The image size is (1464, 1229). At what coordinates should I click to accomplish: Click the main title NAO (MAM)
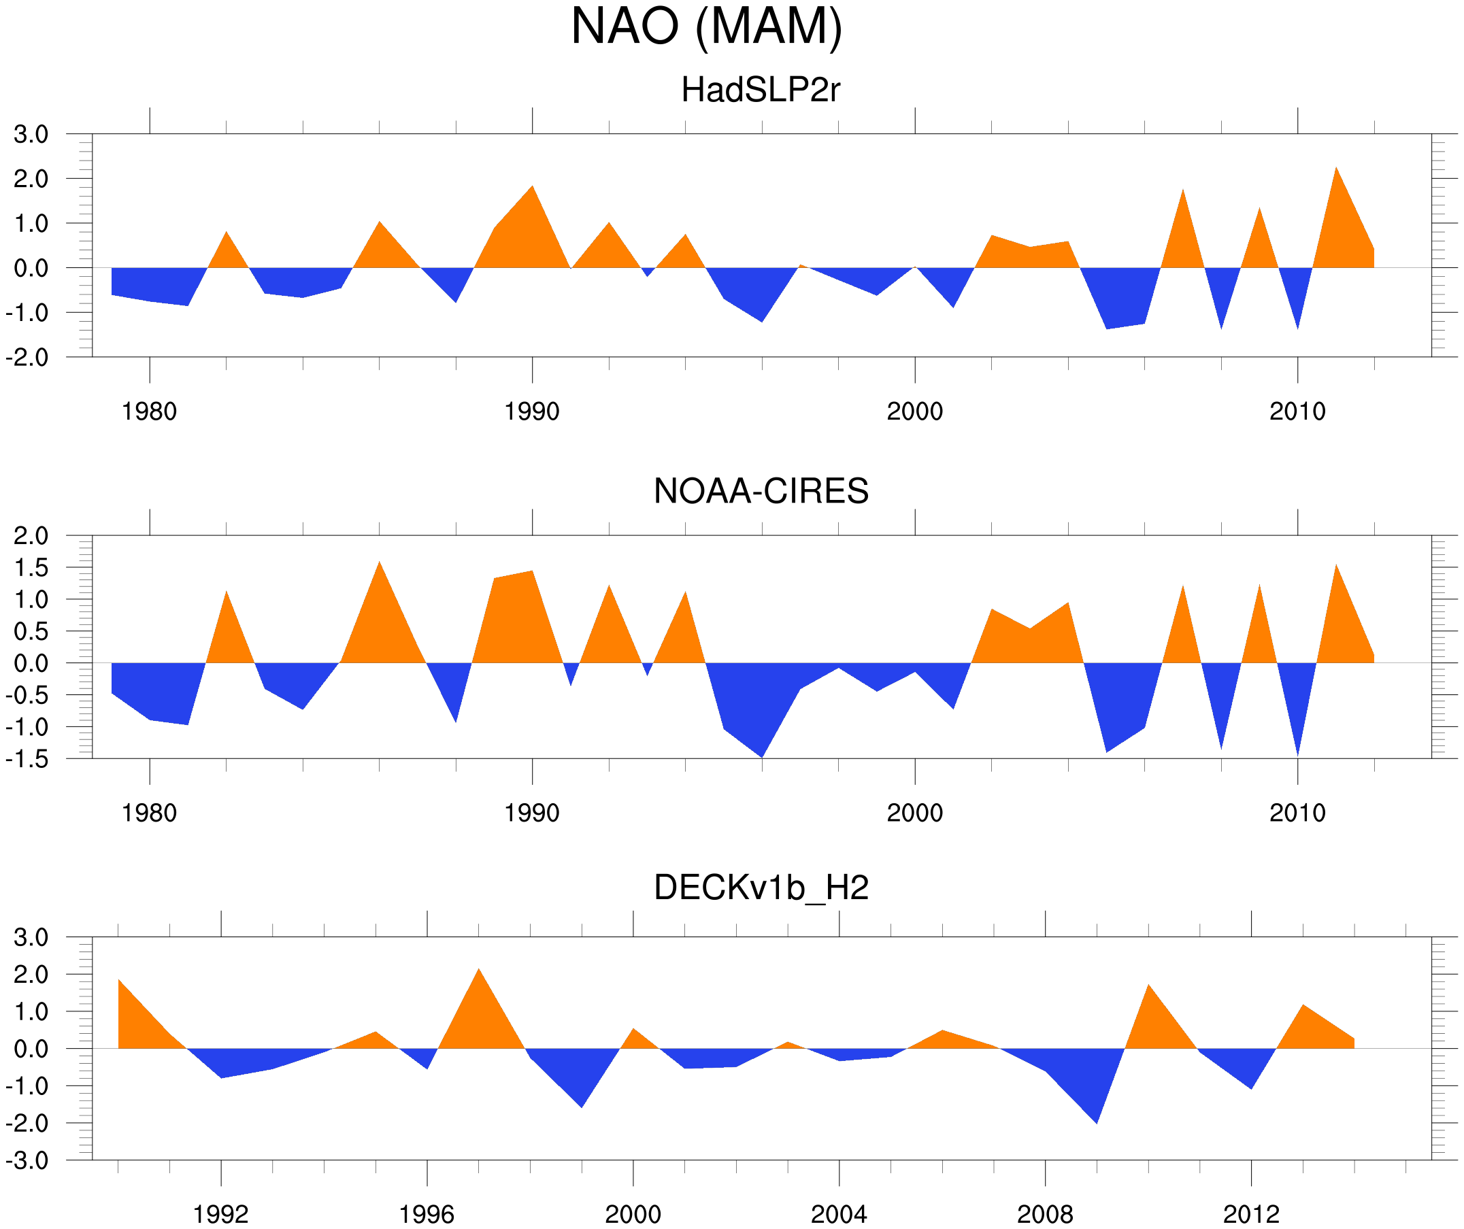click(x=706, y=27)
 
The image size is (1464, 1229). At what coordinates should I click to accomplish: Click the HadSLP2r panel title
click(x=761, y=90)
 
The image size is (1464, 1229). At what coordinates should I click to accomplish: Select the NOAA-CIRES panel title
click(x=761, y=492)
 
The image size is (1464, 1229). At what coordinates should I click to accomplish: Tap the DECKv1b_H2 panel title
click(x=761, y=888)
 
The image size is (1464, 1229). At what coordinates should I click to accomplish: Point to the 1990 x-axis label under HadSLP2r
click(x=532, y=411)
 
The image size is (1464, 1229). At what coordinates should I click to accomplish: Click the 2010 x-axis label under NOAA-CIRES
click(x=1297, y=813)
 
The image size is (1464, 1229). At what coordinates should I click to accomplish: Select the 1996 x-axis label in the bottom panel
click(x=427, y=1213)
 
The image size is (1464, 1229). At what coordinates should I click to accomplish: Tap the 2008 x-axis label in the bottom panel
click(x=1044, y=1213)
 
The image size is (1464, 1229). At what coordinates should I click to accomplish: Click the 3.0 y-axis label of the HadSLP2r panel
click(x=31, y=135)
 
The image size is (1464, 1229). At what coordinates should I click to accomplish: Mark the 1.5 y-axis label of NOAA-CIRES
click(x=31, y=568)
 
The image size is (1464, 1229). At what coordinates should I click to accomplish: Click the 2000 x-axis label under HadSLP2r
click(x=914, y=411)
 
